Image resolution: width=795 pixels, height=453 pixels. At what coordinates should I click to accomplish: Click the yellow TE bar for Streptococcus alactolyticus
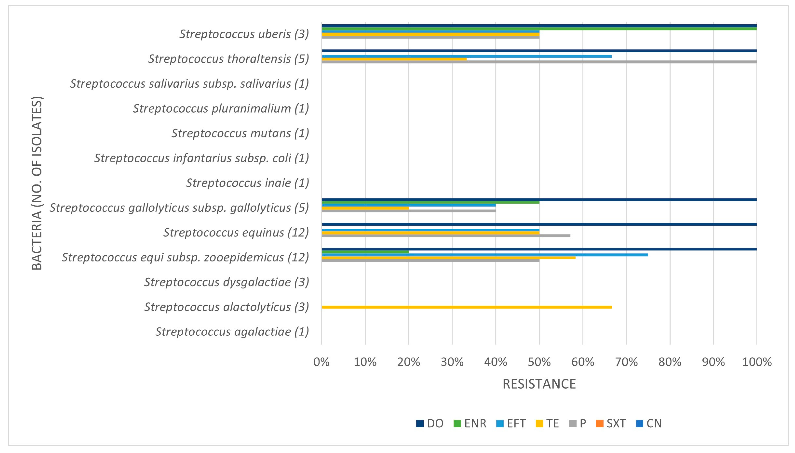[467, 307]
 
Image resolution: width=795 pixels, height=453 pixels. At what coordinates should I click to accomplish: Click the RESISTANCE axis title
[539, 384]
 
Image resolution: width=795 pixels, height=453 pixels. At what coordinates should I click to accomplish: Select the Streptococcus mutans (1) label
[240, 133]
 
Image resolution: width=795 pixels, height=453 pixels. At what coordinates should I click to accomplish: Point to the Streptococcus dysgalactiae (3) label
[227, 282]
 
